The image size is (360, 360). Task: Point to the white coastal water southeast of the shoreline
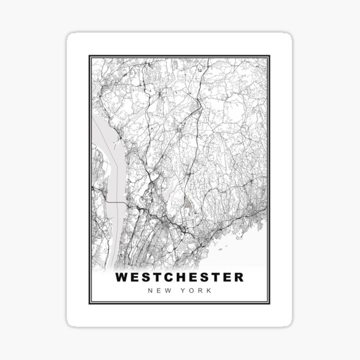tap(252, 246)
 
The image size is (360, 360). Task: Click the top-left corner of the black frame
tap(89, 56)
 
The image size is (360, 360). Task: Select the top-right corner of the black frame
tap(271, 56)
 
